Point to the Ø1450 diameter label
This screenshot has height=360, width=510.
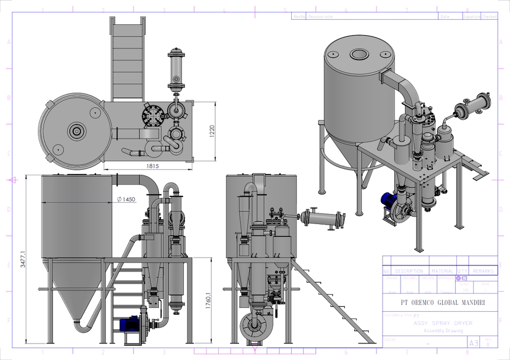(126, 199)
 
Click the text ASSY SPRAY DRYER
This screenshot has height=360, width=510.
(435, 323)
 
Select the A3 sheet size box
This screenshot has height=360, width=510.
(473, 343)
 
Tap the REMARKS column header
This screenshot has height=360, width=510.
(483, 271)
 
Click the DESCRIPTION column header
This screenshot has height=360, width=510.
(409, 271)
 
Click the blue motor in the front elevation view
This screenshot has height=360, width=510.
(129, 322)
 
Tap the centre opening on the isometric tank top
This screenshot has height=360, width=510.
(360, 54)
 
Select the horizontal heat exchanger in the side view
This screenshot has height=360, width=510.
(322, 218)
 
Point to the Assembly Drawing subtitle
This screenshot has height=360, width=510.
(443, 330)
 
